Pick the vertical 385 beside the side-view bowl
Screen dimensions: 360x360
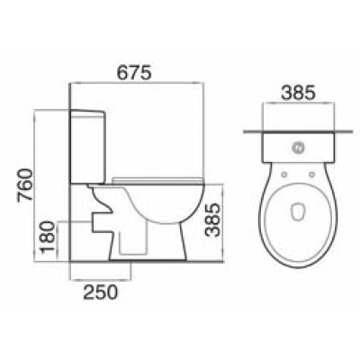212,218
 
